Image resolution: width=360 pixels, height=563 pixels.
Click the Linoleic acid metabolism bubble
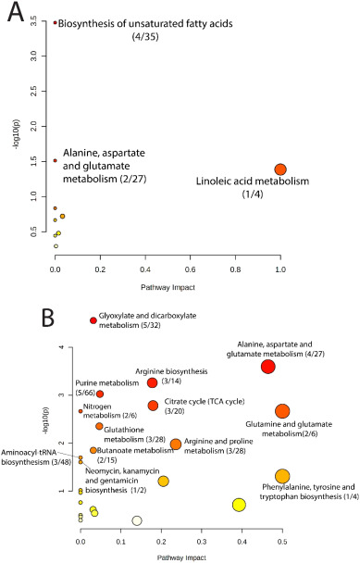tap(280, 169)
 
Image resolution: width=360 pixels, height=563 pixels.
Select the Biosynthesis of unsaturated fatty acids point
tap(55, 22)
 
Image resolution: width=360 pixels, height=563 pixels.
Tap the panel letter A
tap(16, 13)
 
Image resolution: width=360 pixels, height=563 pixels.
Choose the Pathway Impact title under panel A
tap(168, 287)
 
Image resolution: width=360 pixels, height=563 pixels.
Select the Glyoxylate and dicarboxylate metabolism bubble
tap(93, 320)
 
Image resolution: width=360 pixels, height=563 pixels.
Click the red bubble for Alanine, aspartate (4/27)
tap(268, 367)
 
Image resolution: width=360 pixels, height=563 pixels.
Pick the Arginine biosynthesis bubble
tap(152, 382)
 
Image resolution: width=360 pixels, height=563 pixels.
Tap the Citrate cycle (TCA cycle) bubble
tap(153, 406)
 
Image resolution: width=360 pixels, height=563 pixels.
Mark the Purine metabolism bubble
tap(100, 394)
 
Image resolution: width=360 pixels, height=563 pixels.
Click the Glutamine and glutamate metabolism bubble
tap(282, 411)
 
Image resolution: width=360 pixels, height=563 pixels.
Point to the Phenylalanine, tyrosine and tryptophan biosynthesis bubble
tap(282, 476)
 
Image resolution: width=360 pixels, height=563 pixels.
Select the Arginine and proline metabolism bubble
tap(176, 444)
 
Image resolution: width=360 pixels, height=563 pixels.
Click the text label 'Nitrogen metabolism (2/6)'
tap(110, 411)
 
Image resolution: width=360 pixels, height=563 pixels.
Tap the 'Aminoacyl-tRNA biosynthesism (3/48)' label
tap(31, 457)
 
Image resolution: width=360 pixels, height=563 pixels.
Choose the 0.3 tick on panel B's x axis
tap(202, 541)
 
